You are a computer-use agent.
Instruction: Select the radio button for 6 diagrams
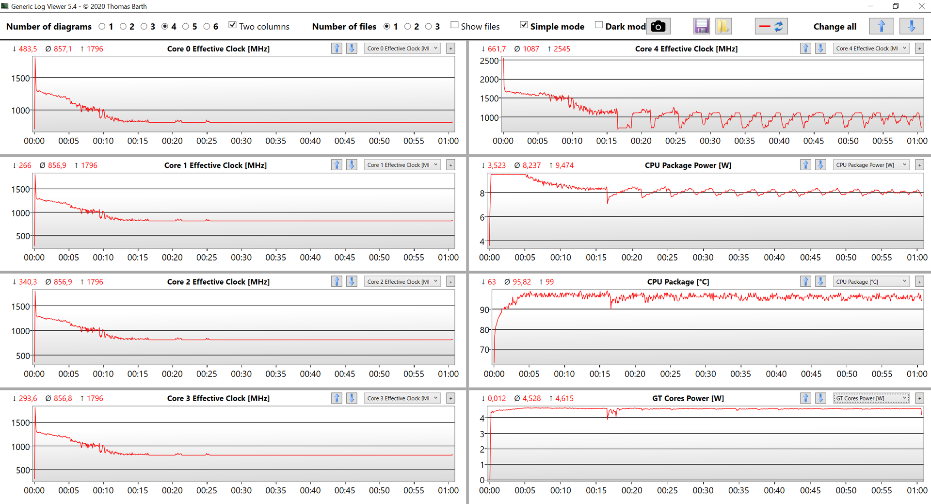coord(207,27)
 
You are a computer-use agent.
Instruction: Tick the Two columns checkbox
coord(233,25)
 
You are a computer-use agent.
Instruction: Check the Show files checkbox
coord(454,25)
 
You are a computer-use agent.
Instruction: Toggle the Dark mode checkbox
coord(599,25)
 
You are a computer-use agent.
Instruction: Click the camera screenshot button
coord(658,27)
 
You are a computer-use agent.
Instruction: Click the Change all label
coord(835,27)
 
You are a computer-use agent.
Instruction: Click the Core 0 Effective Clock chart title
coord(218,49)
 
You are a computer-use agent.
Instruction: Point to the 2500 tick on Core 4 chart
coord(489,61)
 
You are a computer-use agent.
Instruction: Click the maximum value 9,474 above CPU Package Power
coord(564,165)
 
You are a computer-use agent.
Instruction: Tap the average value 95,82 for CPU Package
coord(521,282)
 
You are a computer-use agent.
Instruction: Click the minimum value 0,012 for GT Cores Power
coord(496,398)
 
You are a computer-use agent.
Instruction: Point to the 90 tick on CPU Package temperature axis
coord(484,310)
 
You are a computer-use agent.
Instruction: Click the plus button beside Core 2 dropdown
coord(450,282)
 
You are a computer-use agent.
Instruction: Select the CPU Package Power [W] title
coord(688,165)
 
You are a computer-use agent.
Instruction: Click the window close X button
coord(921,6)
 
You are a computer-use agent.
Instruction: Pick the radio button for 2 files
coord(408,27)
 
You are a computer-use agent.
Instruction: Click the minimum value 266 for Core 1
coord(25,165)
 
